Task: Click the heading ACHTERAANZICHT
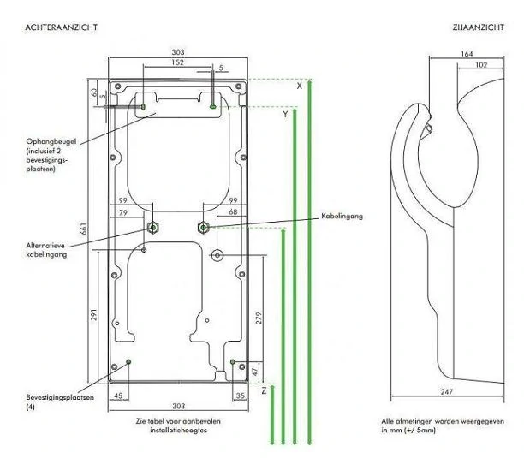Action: coord(61,27)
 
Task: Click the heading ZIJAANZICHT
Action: coord(479,27)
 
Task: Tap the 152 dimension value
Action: coord(178,62)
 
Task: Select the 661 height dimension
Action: coord(84,229)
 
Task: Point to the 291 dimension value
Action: coord(94,315)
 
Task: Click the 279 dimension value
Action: coord(259,318)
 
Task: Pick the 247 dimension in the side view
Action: coord(446,391)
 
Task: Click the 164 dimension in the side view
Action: coord(467,54)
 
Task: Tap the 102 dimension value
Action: coord(481,65)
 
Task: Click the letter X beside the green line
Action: coord(300,86)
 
